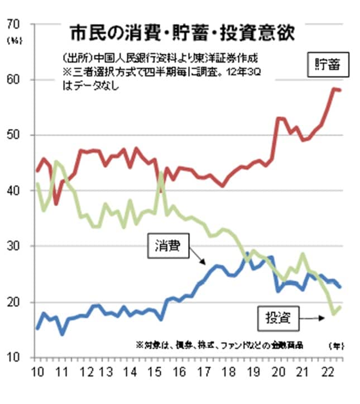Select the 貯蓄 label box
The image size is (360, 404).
[x=328, y=66]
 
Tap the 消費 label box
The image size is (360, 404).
[x=168, y=245]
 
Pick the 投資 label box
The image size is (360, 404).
[x=277, y=319]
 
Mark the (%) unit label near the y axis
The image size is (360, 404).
[x=13, y=41]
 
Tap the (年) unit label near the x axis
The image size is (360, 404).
[x=335, y=345]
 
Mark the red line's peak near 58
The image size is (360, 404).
[x=334, y=89]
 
